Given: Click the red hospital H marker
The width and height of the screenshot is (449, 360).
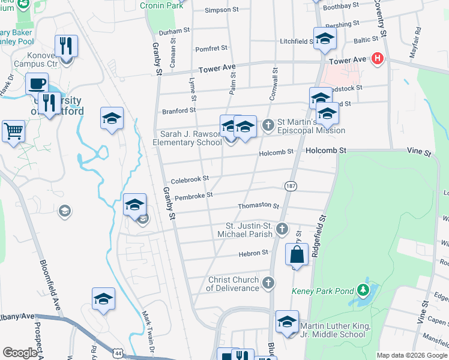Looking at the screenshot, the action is pyautogui.click(x=378, y=58).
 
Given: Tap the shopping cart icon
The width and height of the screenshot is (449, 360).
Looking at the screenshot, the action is pyautogui.click(x=13, y=130).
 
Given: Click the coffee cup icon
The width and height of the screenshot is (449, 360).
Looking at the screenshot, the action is pyautogui.click(x=37, y=83).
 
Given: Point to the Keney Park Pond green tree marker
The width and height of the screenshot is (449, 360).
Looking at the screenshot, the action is pyautogui.click(x=363, y=291).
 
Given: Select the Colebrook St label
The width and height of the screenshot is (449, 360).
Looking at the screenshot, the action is pyautogui.click(x=189, y=179).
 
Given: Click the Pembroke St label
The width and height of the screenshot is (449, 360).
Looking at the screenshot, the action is pyautogui.click(x=193, y=196).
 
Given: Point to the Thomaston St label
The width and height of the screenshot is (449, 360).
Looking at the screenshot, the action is pyautogui.click(x=259, y=206).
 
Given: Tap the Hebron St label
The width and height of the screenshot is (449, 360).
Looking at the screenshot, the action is pyautogui.click(x=255, y=253).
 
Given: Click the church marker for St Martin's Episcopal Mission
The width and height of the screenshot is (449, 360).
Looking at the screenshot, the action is pyautogui.click(x=268, y=125).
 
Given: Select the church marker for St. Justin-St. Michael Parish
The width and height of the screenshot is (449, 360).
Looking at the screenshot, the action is pyautogui.click(x=282, y=229).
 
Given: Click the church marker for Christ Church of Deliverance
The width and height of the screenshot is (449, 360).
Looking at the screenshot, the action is pyautogui.click(x=268, y=281).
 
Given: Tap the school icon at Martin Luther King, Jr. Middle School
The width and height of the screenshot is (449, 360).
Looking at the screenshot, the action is pyautogui.click(x=287, y=322).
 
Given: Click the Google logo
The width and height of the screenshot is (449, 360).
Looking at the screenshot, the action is pyautogui.click(x=20, y=353).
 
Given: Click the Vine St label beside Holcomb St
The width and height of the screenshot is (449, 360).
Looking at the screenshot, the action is pyautogui.click(x=419, y=154).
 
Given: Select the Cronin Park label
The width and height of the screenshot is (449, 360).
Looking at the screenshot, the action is pyautogui.click(x=161, y=5).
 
